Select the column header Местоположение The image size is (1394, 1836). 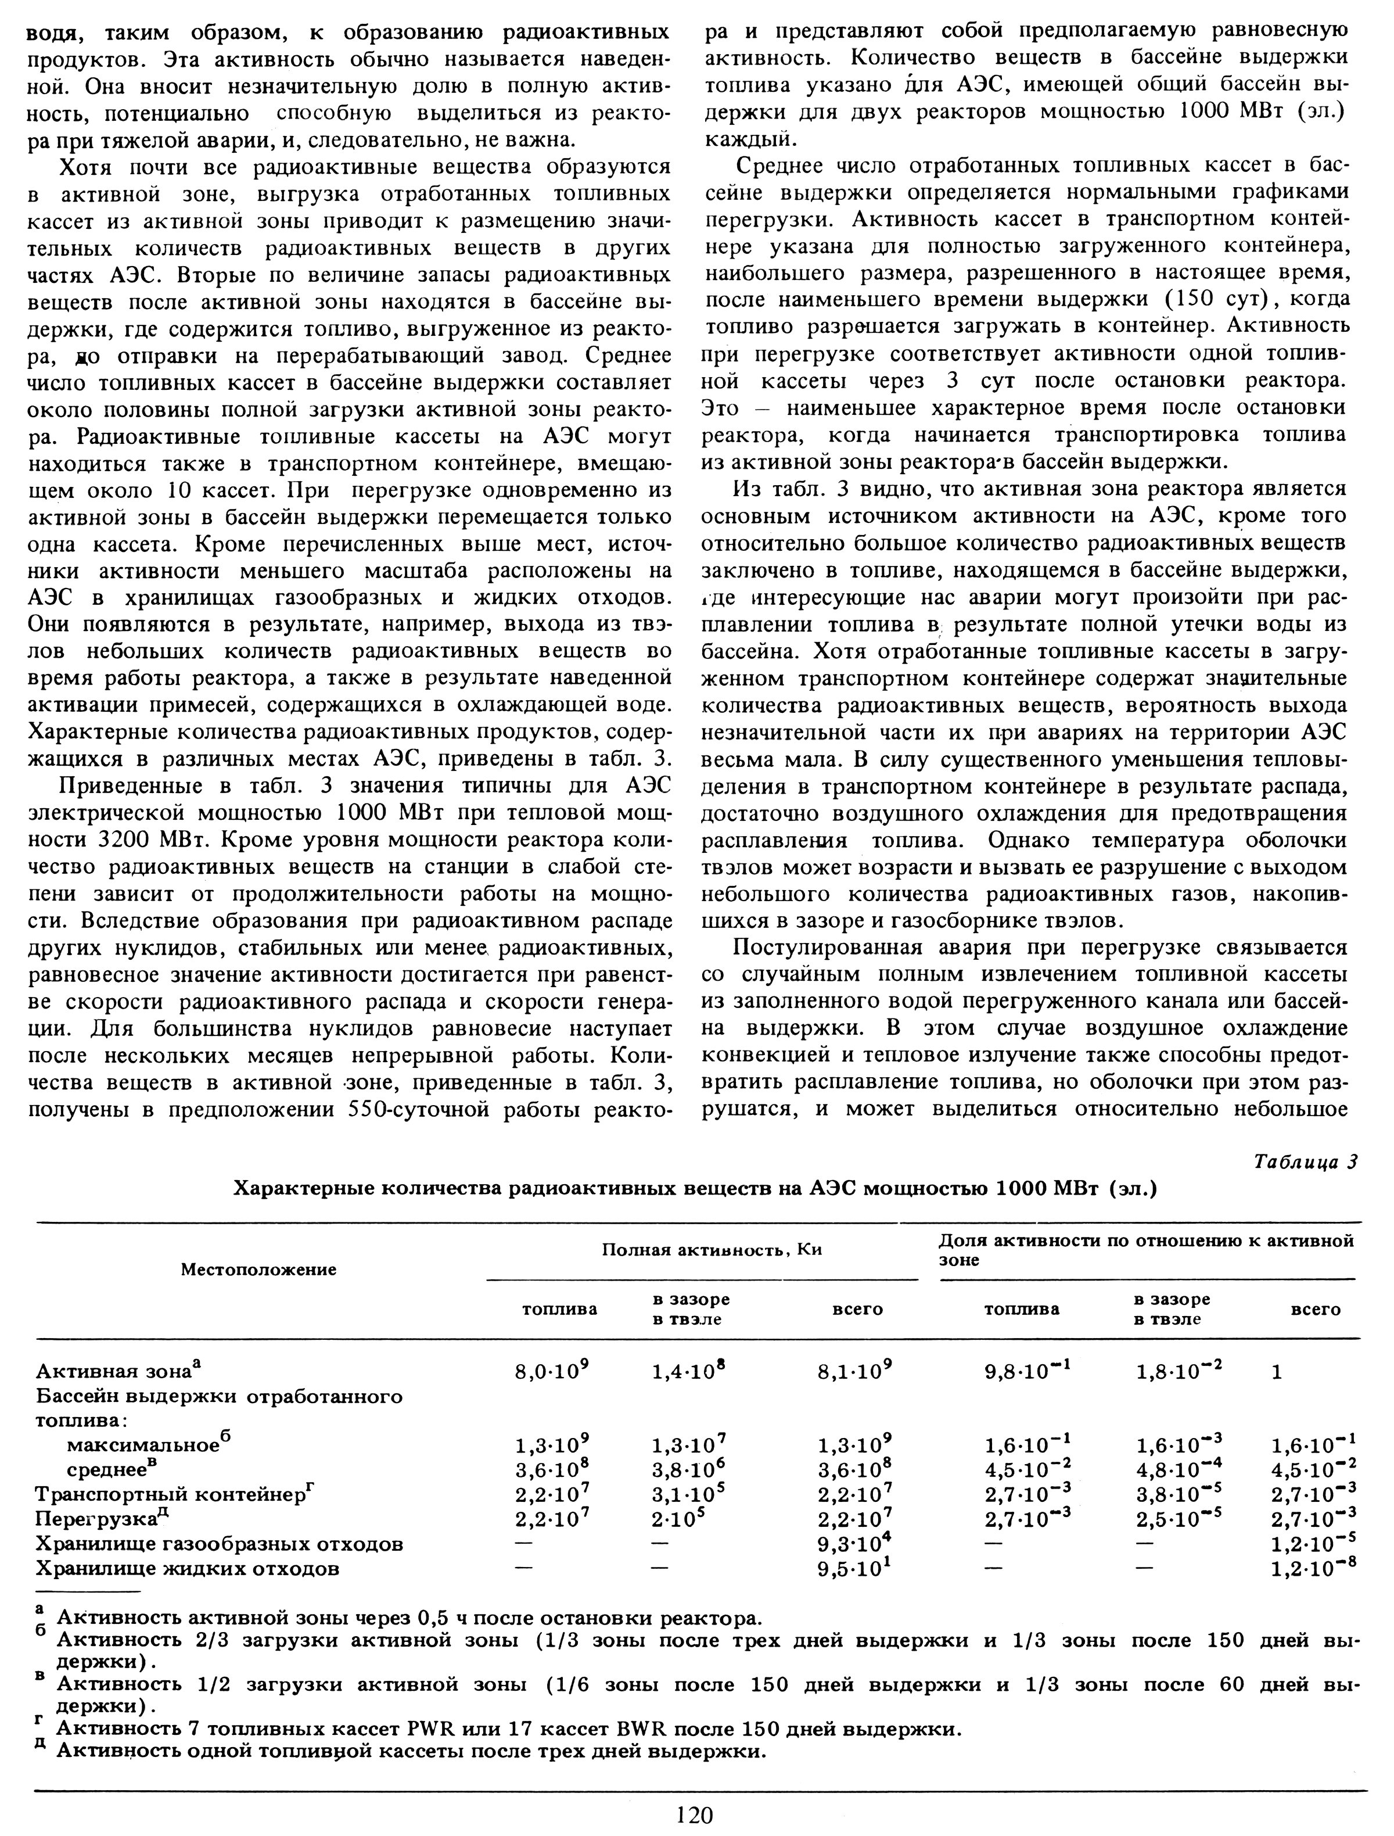[x=259, y=1269]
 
